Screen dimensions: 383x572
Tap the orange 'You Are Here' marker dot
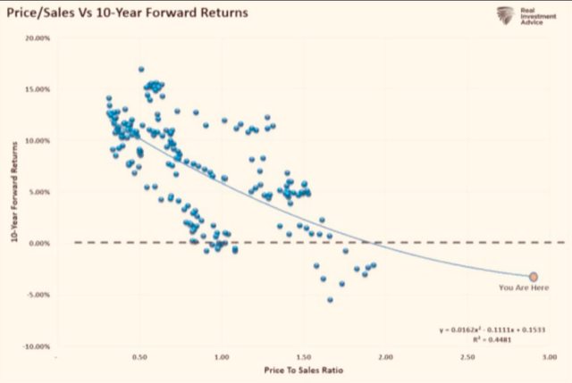tap(534, 278)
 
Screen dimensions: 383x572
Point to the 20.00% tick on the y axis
tap(37, 38)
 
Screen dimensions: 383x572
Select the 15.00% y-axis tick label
tap(37, 89)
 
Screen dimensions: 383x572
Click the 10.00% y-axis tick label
tap(37, 141)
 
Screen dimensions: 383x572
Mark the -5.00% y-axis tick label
tap(38, 295)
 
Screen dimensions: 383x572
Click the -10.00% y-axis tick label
tap(36, 346)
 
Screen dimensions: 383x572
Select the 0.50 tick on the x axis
tap(139, 357)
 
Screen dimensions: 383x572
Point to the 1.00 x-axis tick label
tap(223, 357)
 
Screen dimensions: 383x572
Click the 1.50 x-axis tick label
tap(305, 357)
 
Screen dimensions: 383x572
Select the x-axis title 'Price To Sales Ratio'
tap(305, 369)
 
